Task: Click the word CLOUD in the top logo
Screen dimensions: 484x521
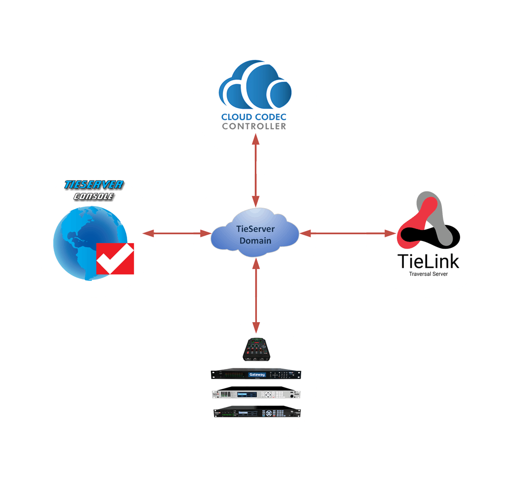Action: [x=237, y=117]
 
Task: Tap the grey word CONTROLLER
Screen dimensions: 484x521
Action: [x=254, y=126]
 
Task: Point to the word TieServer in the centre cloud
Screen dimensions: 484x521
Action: [x=255, y=229]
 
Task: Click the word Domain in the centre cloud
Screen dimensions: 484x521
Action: [x=255, y=241]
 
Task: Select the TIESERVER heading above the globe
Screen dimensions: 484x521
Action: [x=94, y=185]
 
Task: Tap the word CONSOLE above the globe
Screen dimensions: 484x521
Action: [x=94, y=197]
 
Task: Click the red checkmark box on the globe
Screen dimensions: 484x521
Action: [x=115, y=259]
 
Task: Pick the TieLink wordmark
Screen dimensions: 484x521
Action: [x=428, y=260]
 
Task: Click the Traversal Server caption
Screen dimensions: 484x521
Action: [x=428, y=274]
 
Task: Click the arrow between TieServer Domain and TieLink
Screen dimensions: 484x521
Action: [x=348, y=234]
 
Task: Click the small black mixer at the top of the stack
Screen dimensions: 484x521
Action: [x=256, y=350]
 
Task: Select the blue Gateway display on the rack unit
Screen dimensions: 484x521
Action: [x=257, y=374]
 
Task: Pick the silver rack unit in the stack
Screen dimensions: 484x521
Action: [x=256, y=394]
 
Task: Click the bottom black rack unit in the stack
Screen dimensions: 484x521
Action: [x=256, y=413]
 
